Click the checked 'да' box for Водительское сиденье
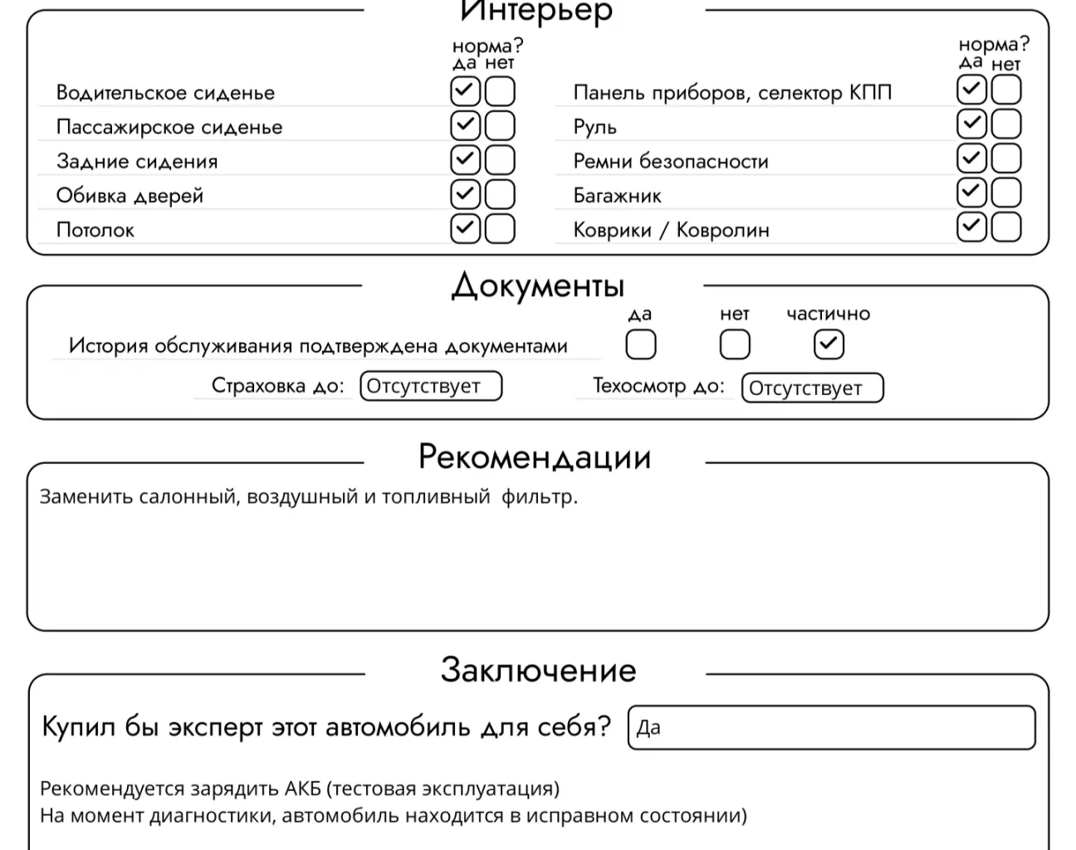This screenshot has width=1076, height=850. [x=465, y=90]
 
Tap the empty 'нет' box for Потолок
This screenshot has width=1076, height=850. [x=500, y=228]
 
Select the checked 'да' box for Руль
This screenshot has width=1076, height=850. [x=971, y=125]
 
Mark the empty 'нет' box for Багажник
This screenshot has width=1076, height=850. [x=1006, y=193]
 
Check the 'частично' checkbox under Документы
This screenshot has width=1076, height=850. [x=829, y=344]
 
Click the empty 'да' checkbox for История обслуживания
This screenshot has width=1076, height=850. [x=640, y=344]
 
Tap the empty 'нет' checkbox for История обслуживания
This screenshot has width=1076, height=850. [x=735, y=344]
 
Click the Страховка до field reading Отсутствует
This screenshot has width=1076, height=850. [x=431, y=386]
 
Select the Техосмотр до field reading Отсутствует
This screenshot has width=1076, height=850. [x=812, y=388]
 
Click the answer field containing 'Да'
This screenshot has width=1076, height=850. [x=831, y=728]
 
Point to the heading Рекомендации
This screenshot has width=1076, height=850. [x=535, y=457]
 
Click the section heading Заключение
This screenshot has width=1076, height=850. [x=538, y=670]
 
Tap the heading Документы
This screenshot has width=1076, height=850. [x=537, y=286]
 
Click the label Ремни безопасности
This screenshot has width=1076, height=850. [x=671, y=161]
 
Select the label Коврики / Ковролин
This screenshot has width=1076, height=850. [x=671, y=230]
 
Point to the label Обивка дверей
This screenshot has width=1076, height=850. [x=130, y=196]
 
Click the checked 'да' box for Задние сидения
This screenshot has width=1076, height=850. [x=465, y=159]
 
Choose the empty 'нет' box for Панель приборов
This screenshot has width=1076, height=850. [x=1006, y=90]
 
